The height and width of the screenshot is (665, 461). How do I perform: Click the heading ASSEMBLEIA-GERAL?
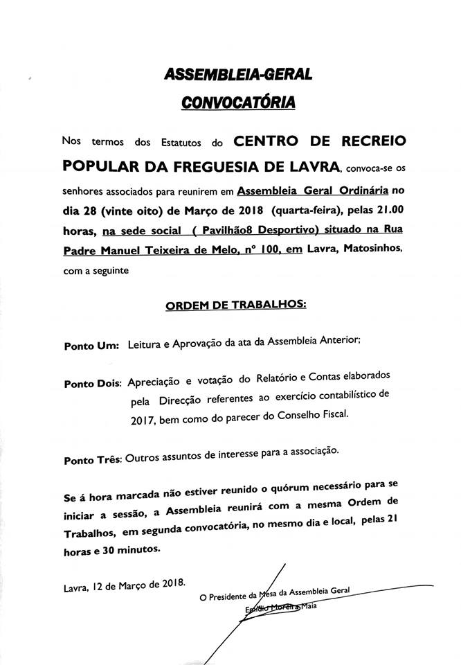coord(236,75)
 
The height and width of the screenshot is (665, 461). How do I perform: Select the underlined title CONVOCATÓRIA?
coord(237,103)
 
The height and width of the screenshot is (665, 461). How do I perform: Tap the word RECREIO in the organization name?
coord(368,141)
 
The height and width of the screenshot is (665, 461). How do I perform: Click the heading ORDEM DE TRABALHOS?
coord(235,304)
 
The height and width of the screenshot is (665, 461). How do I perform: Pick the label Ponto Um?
coord(90,344)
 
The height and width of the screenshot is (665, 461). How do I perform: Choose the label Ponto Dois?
coord(91,383)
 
